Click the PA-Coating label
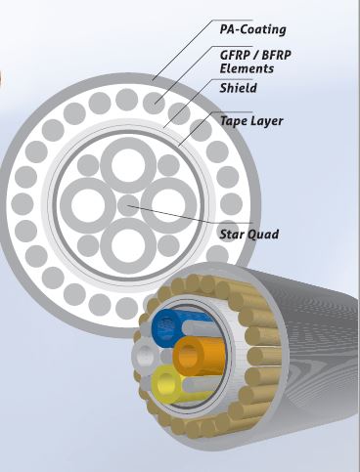[253, 29]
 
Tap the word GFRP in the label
[235, 55]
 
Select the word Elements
[247, 68]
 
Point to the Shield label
[238, 88]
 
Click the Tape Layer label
[251, 120]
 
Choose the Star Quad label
[249, 234]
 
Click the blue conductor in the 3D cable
[168, 326]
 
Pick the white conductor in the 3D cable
[145, 354]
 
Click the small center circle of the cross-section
[128, 205]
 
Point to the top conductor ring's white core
[128, 165]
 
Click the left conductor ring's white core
[88, 205]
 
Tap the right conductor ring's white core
[168, 205]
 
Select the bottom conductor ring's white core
[128, 245]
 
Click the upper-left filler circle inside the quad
[88, 165]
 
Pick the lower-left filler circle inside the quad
[88, 245]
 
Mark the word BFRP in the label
[277, 55]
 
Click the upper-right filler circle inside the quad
[168, 165]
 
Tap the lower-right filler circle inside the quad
[168, 245]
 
